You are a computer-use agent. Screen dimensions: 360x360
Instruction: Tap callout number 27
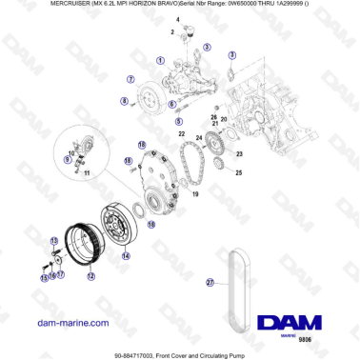210,282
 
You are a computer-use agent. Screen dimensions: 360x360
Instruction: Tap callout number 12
90,277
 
